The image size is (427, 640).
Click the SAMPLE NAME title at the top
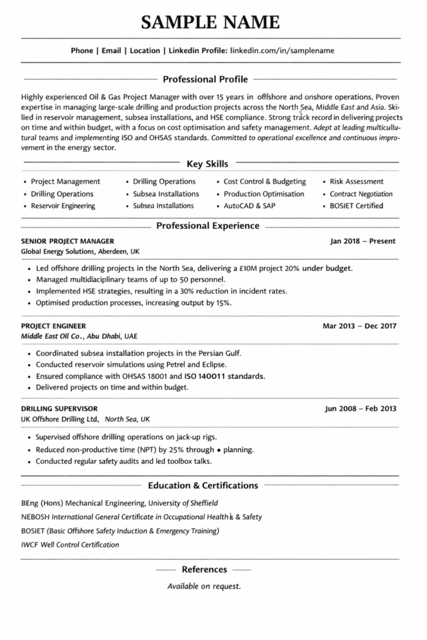(210, 22)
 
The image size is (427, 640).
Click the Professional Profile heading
(205, 79)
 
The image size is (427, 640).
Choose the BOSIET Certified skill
(356, 206)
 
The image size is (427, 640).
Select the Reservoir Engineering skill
(63, 206)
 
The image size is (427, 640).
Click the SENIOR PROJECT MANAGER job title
(68, 241)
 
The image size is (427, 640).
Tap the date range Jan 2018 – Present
(363, 241)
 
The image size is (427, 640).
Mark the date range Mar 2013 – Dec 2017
(359, 326)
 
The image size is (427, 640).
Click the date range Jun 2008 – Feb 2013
(361, 409)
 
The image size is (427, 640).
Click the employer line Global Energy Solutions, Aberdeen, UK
(80, 251)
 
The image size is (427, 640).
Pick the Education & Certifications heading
(203, 485)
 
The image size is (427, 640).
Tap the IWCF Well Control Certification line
(70, 544)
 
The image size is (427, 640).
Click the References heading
(204, 569)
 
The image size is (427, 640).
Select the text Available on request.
(204, 586)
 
